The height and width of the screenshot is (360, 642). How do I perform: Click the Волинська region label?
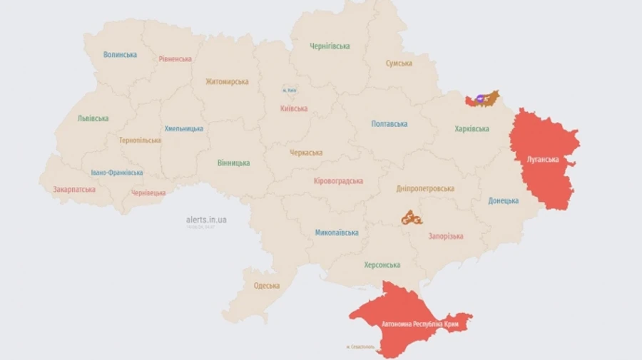120,55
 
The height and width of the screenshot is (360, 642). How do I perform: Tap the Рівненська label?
175,59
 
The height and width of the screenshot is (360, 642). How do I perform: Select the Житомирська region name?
227,82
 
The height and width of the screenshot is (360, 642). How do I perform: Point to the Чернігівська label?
330,46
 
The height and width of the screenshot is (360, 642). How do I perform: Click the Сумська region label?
399,63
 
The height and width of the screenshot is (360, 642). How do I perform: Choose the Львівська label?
93,118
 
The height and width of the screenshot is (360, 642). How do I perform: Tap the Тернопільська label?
140,140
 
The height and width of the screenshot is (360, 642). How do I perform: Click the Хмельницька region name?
183,129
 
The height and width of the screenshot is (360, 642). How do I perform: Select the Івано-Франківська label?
116,173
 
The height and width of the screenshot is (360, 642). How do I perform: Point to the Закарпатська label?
74,190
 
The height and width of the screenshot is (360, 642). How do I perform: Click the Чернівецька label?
148,193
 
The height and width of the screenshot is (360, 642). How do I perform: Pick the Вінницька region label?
233,163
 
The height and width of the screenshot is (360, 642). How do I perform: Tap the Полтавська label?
389,124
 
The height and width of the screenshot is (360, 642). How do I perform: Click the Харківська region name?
472,129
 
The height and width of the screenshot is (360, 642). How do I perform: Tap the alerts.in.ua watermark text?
206,220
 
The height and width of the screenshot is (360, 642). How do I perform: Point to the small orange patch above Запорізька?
411,218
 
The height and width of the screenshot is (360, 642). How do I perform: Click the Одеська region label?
267,286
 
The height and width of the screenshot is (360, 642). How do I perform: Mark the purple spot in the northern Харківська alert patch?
480,97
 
